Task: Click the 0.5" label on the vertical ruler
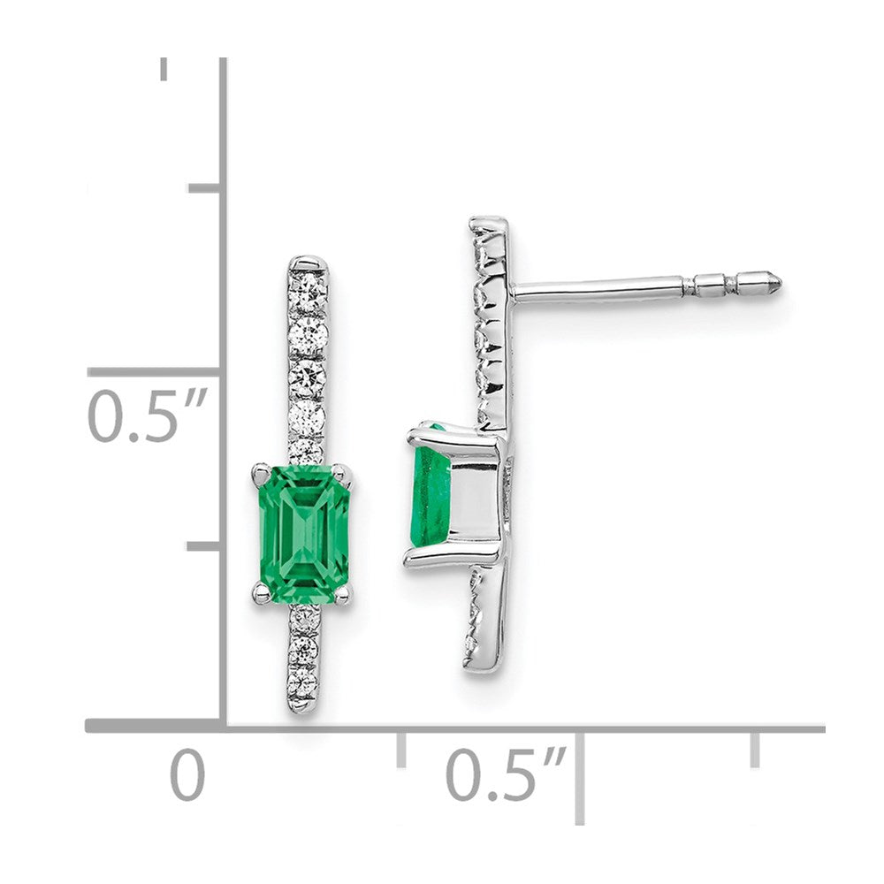point(147,416)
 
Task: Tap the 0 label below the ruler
point(187,775)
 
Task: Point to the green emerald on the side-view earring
point(430,495)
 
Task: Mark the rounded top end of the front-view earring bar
point(308,263)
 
